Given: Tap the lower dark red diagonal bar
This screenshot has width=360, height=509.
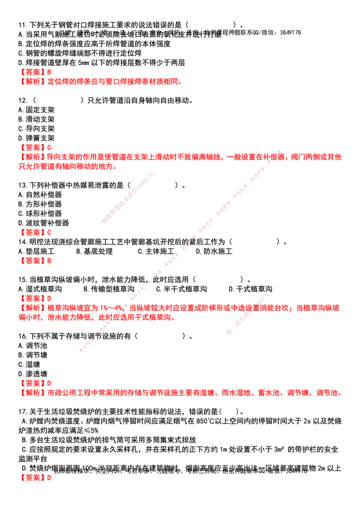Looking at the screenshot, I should tap(247, 314).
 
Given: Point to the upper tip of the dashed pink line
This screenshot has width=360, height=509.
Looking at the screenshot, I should tap(279, 150).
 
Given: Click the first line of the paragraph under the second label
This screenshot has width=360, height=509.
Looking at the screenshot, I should tap(180, 157).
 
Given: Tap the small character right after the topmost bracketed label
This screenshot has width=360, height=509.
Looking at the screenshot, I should tap(50, 72).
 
